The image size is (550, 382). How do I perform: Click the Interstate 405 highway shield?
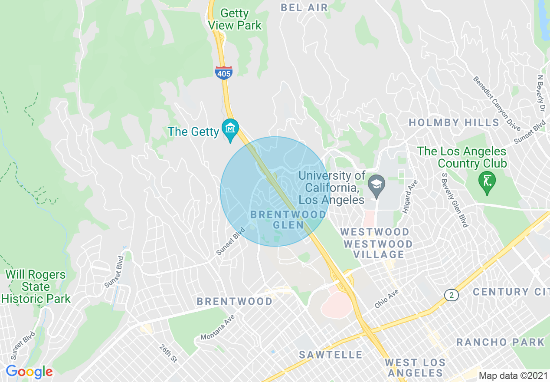click(223, 73)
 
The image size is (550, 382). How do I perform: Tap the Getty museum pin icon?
click(230, 129)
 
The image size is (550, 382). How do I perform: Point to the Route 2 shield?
click(452, 295)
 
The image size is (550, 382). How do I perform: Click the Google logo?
click(29, 372)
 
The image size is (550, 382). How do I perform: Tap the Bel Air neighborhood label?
click(304, 7)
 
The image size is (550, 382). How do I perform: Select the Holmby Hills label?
click(454, 122)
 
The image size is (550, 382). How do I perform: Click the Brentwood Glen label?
click(288, 219)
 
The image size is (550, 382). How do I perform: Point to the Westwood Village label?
click(378, 249)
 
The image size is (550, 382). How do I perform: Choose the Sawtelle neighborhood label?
click(331, 355)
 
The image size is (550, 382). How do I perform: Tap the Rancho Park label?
click(500, 342)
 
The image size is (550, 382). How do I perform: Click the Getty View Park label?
click(235, 19)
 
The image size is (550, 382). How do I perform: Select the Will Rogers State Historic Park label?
click(36, 286)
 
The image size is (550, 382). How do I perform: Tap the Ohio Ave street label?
click(387, 300)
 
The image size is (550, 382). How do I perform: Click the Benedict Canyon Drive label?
click(497, 103)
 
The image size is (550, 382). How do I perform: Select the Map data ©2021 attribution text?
click(513, 375)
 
